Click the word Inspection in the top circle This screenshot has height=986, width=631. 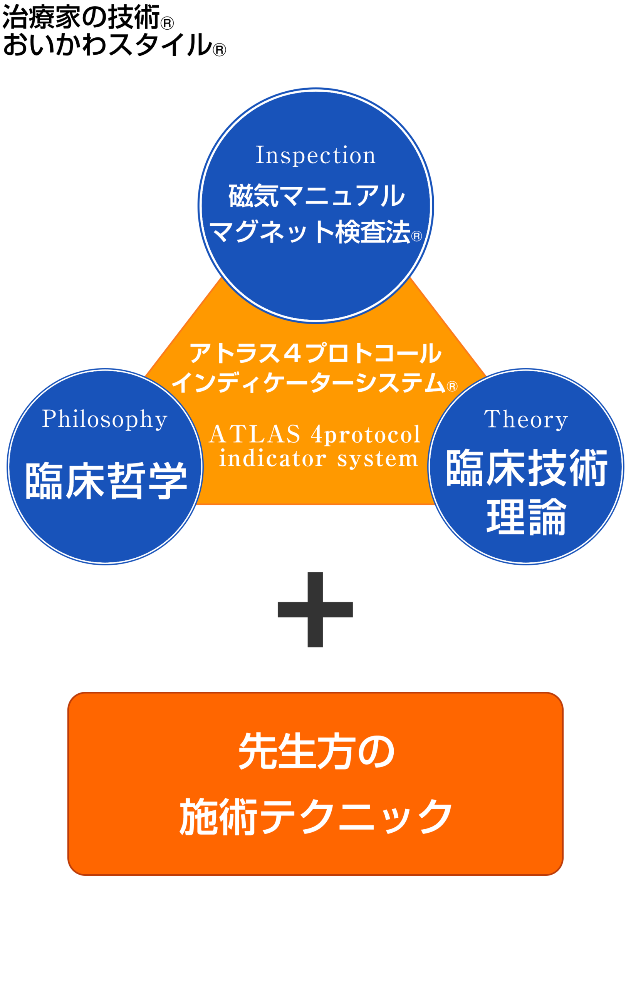point(315,155)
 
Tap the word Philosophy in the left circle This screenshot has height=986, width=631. point(105,419)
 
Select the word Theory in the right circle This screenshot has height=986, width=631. point(526,419)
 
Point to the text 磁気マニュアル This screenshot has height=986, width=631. point(316,196)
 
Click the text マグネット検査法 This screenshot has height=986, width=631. point(310,232)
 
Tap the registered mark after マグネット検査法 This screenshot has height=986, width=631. point(416,236)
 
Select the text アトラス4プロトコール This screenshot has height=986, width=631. point(315,354)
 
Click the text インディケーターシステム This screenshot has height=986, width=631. point(308,382)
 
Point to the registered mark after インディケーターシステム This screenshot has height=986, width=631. point(452,386)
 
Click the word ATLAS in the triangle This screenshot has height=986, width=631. point(255,434)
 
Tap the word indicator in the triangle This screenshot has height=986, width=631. point(272,459)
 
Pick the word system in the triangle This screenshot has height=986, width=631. point(378,459)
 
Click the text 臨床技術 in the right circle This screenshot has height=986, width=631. point(527,468)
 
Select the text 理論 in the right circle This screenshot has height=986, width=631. point(527,517)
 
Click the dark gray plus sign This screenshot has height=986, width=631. point(315,610)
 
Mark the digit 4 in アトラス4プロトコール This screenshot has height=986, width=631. point(292,354)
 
